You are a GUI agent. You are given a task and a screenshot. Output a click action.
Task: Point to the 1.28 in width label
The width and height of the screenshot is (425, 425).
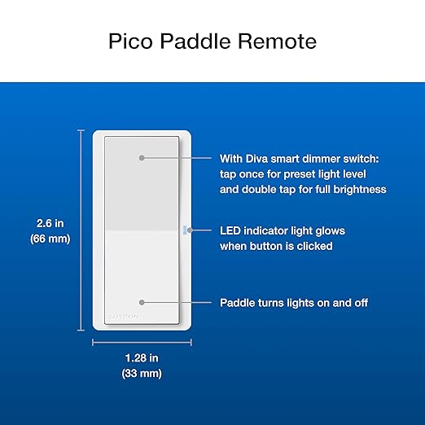point(141,358)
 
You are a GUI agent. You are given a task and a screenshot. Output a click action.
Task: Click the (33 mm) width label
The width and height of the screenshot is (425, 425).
point(141,374)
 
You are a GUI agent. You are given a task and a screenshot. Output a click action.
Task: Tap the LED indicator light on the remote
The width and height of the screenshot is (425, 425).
point(187,230)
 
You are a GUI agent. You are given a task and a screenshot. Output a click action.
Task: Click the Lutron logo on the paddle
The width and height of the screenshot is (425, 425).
point(124,315)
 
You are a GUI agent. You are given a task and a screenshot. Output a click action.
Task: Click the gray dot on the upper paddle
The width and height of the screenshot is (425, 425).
point(142,157)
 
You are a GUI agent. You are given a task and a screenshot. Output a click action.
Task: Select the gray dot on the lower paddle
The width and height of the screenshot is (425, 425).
point(142,302)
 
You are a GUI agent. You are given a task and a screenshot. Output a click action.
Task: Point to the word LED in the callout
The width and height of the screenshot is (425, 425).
point(231,230)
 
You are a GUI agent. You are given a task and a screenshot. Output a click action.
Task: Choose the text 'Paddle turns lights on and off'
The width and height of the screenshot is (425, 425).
point(294,302)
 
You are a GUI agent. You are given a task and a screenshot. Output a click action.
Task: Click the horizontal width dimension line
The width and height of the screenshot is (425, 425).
point(141,342)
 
